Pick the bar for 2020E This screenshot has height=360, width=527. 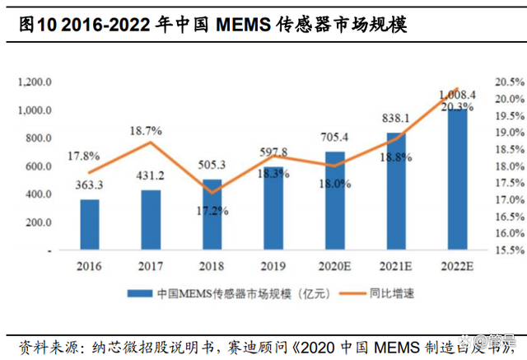333,201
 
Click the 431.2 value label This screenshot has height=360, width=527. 150,177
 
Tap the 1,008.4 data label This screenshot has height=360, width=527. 459,95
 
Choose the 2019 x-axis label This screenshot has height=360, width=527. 273,267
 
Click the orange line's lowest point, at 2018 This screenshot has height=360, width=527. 212,193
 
